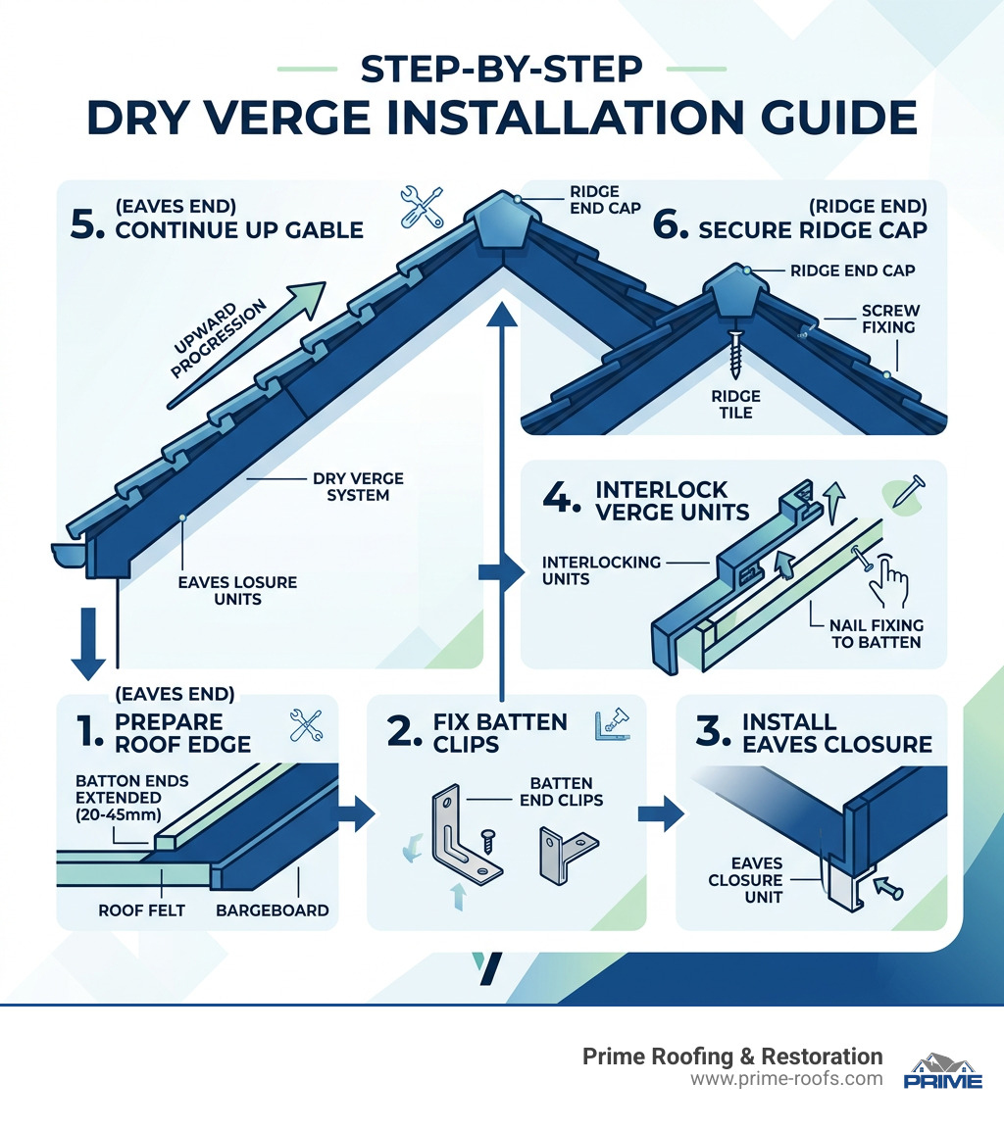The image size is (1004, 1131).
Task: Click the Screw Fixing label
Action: click(890, 320)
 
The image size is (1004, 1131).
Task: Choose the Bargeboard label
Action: click(272, 910)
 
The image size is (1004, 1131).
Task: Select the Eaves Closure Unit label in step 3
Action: click(745, 879)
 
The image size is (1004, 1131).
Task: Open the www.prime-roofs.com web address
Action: click(786, 1079)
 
